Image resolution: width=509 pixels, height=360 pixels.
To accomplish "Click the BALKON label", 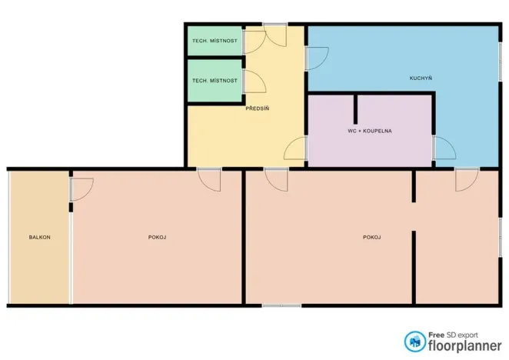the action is click(x=40, y=237).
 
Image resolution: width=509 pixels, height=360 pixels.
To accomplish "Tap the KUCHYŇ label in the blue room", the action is click(x=421, y=78).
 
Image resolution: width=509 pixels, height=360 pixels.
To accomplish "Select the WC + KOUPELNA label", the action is click(x=370, y=131).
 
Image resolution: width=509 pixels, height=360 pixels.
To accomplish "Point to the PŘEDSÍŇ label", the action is click(x=257, y=108).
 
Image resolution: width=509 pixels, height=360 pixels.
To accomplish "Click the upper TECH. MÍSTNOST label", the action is click(x=215, y=41).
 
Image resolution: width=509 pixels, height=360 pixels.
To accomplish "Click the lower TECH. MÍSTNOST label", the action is click(x=215, y=80).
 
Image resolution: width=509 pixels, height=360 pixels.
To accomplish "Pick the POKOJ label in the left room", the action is click(x=157, y=237).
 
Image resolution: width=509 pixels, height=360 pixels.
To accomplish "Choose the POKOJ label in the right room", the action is click(x=372, y=237).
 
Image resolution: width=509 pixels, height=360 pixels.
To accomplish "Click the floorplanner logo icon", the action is click(x=414, y=342).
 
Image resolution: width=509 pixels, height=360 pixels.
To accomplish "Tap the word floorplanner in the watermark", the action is click(x=465, y=345).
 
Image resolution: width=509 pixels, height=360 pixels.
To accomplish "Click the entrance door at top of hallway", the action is click(x=274, y=35).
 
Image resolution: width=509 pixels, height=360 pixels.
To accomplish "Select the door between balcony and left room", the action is click(x=82, y=189).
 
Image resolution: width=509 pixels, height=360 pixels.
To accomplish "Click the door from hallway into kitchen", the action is click(x=317, y=58).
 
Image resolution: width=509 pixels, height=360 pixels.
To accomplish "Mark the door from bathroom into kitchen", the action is click(x=444, y=148).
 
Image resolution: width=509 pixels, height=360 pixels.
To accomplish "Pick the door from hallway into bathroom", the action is click(x=295, y=148).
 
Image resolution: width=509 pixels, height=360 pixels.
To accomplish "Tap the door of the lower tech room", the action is click(x=254, y=82).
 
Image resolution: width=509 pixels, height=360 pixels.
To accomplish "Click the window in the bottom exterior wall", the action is click(x=281, y=305).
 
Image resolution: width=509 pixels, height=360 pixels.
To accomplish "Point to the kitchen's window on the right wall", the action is click(x=501, y=62).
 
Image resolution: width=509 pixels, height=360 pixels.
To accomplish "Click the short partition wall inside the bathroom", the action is click(x=355, y=109).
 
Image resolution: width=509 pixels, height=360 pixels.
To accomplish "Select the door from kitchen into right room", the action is click(x=467, y=179).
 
